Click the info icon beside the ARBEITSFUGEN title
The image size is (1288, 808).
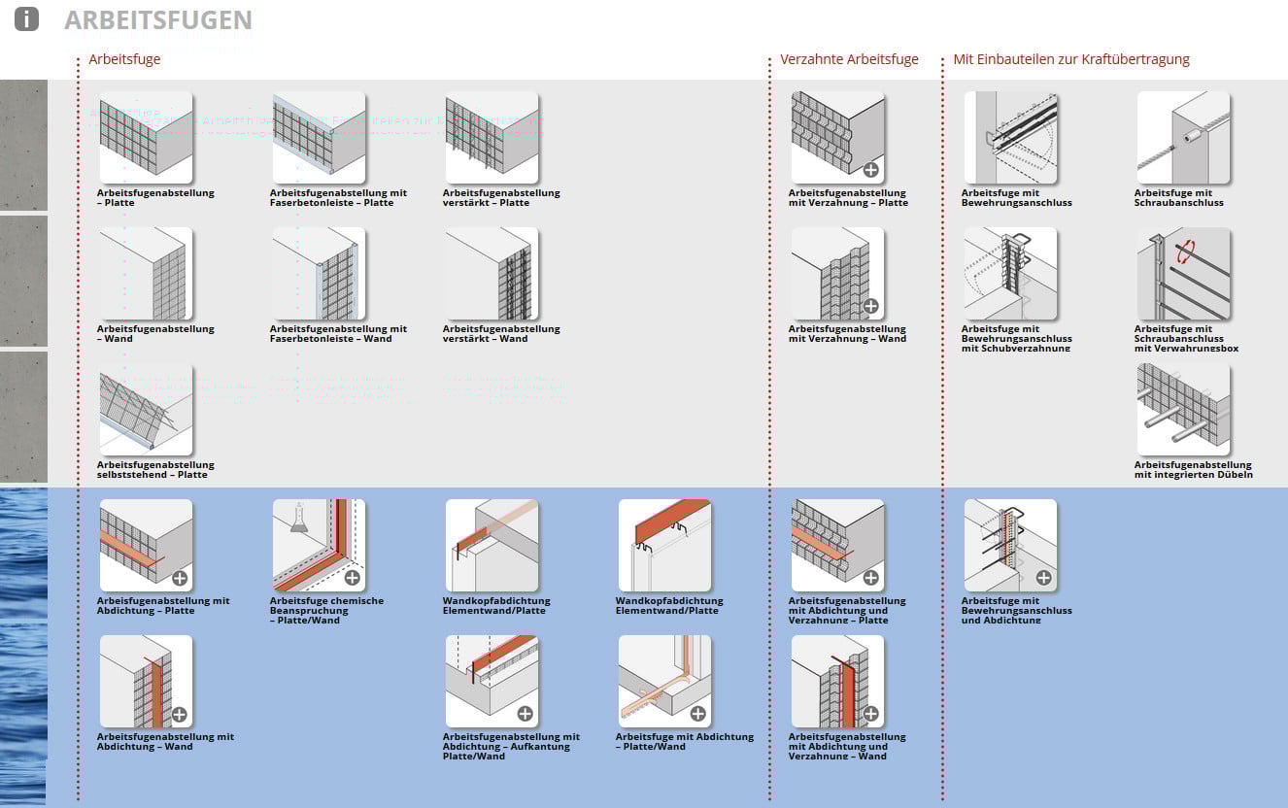26,18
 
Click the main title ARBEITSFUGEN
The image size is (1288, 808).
157,19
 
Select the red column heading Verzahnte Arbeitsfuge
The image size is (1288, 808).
849,59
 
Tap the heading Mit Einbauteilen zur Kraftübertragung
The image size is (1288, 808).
1071,59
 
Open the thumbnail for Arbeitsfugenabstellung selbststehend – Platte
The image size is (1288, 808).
146,409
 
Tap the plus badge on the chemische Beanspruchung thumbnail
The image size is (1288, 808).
352,578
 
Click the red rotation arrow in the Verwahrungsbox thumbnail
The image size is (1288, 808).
1186,252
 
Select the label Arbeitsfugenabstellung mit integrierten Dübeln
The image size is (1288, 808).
1193,470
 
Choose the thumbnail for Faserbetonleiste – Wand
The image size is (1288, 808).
319,273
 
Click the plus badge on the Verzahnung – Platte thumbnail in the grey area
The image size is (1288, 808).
870,170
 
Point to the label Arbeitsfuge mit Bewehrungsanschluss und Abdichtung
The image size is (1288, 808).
1016,610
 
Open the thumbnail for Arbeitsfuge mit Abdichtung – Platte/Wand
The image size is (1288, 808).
664,681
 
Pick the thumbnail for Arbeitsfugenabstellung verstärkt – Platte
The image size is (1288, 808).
491,137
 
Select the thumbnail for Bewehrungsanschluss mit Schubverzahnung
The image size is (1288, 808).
1010,273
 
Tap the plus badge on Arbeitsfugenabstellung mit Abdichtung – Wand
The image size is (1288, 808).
179,714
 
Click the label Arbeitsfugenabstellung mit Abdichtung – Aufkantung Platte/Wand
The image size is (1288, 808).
511,746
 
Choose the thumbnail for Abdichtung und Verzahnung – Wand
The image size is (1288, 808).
837,681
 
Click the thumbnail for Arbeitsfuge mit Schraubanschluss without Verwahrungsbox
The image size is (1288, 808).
1183,137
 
